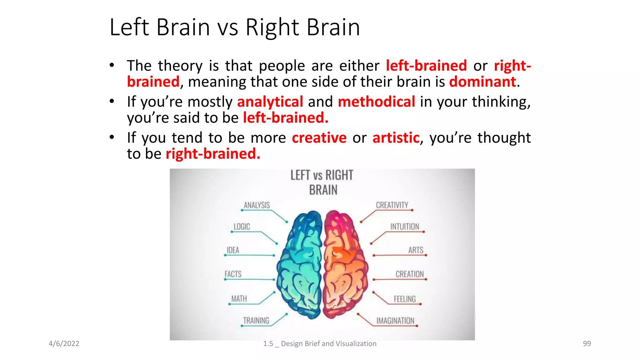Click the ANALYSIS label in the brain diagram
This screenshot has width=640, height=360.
[x=257, y=205]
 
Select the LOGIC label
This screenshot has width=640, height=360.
[x=242, y=227]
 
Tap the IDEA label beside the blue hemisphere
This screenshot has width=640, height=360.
[x=233, y=250]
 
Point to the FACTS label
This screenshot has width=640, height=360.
[x=233, y=274]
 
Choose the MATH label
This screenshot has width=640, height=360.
[x=239, y=299]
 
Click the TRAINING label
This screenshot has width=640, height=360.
[x=256, y=321]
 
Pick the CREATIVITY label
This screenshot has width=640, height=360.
[x=392, y=205]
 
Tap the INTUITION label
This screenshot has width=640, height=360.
[x=405, y=227]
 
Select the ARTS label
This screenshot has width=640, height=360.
[x=416, y=250]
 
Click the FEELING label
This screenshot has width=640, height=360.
[x=405, y=299]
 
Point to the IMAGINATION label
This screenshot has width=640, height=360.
[x=395, y=321]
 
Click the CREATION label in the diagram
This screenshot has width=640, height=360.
[x=410, y=274]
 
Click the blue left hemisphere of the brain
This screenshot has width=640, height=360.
[x=300, y=266]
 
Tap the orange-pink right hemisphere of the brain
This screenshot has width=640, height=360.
[x=344, y=266]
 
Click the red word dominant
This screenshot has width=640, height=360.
[x=482, y=82]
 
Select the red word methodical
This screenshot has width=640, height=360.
[x=376, y=102]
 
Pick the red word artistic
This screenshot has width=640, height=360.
[x=396, y=138]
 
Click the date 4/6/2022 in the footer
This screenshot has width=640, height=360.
[x=64, y=343]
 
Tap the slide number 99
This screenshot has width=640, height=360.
[x=587, y=343]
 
